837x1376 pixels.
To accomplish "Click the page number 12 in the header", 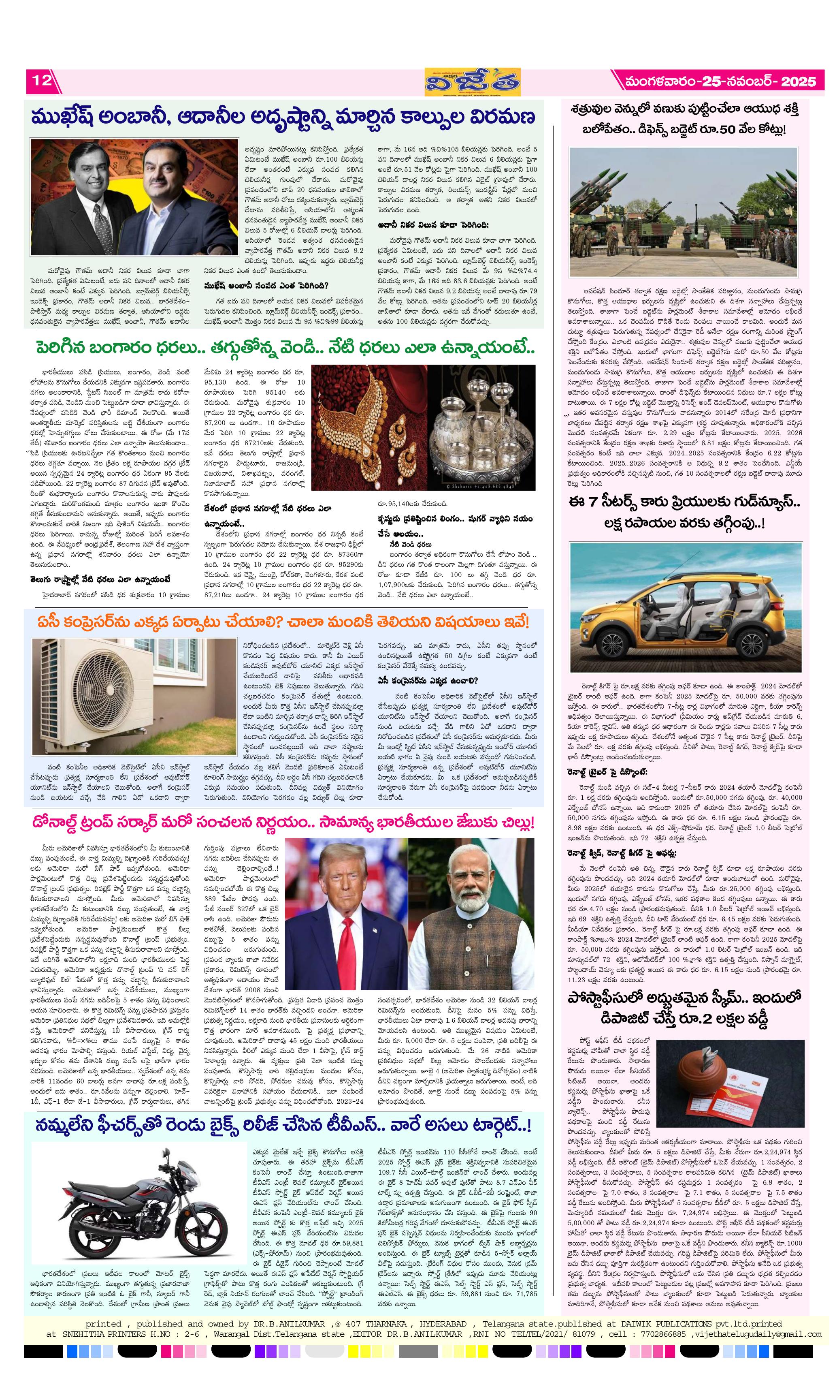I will click(x=41, y=80).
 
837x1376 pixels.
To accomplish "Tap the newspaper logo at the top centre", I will click(x=472, y=83).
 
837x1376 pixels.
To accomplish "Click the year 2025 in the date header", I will click(x=798, y=81).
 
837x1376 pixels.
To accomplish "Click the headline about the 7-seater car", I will click(x=684, y=513).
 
